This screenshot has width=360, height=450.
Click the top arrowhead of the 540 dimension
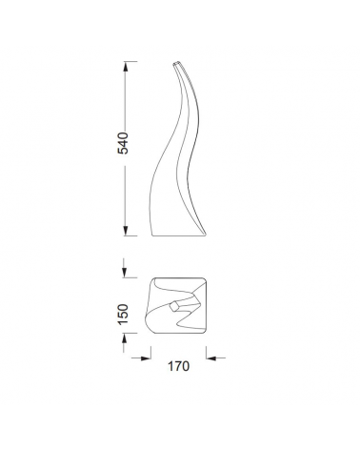point(125,68)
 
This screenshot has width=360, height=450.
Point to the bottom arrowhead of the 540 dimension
point(125,232)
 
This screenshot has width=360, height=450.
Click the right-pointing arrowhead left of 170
point(145,358)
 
